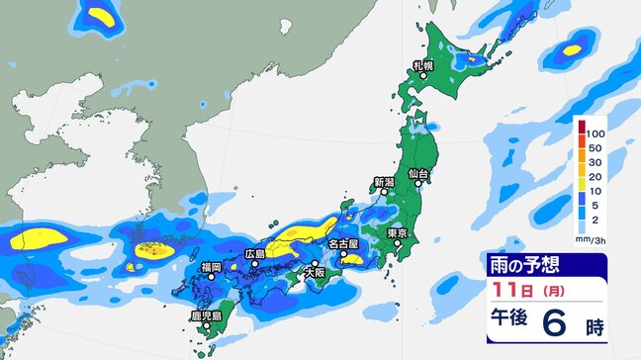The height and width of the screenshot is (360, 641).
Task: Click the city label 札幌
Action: click(x=423, y=65)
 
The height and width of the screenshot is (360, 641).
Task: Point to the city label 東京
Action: click(x=399, y=233)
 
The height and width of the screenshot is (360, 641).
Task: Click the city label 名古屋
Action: click(x=341, y=243)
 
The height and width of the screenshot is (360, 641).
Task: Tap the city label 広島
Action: click(x=255, y=254)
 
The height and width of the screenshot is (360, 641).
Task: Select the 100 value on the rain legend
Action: click(x=595, y=132)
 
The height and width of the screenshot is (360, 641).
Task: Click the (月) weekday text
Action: click(x=544, y=291)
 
